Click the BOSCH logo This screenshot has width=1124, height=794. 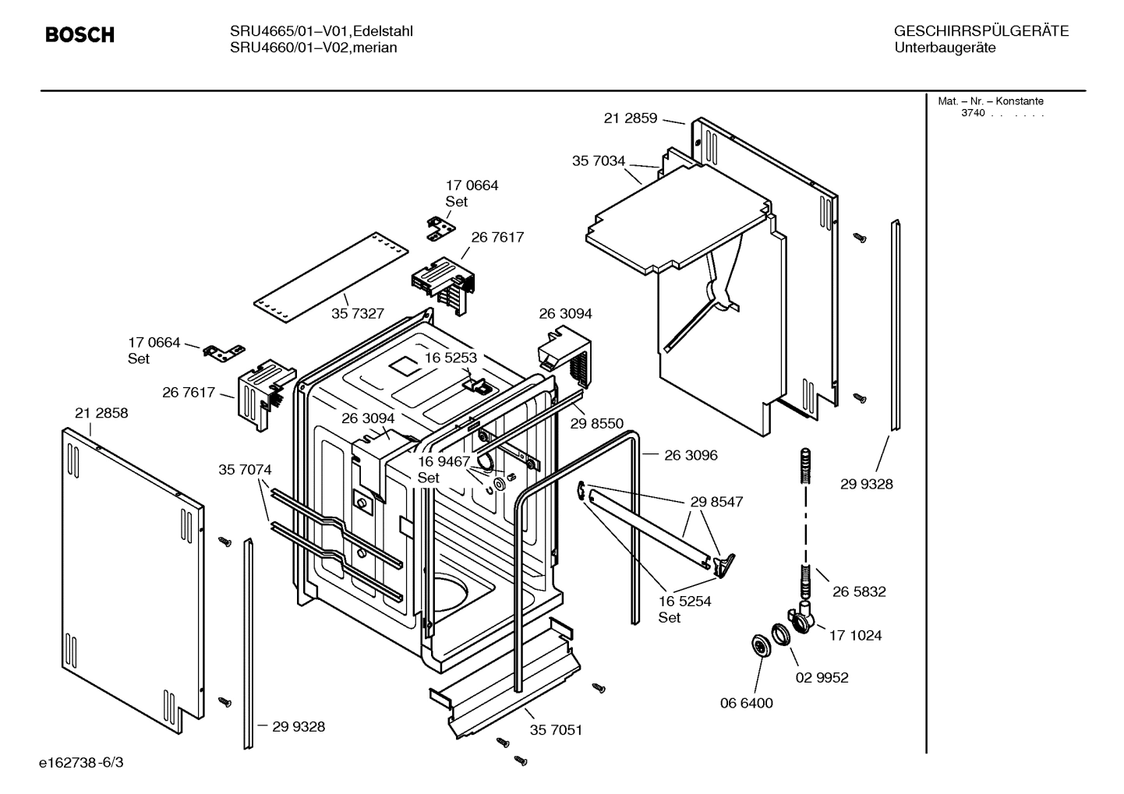pos(80,35)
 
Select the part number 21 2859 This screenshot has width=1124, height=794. pos(630,118)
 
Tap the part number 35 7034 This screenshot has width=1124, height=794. pos(598,161)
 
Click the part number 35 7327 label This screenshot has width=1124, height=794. pos(358,313)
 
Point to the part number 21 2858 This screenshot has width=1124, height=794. pos(101,413)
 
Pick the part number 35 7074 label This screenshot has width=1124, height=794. pos(245,470)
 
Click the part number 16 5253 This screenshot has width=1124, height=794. pos(451,358)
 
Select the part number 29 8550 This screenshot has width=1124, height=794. pos(597,424)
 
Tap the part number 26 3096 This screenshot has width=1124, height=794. pos(691,455)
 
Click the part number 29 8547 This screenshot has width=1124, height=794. pos(716,502)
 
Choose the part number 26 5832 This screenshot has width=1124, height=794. pos(859,591)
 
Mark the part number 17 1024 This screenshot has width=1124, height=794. pos(855,636)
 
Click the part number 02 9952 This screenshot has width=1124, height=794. pos(822,678)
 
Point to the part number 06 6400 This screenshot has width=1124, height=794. pos(746,704)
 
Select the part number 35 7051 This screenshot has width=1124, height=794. pos(556,730)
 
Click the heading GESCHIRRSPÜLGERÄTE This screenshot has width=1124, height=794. pos(981,32)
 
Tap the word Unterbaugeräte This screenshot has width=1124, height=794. pos(945,48)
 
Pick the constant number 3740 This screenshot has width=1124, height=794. pos(973,114)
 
